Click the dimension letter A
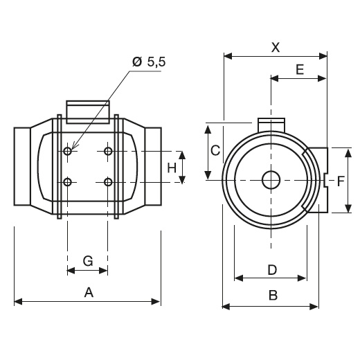click(x=89, y=292)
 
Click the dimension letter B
click(x=273, y=295)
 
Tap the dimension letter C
click(x=215, y=150)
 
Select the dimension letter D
click(x=272, y=270)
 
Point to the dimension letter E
click(x=300, y=69)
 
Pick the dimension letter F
click(x=341, y=181)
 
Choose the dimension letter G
click(x=88, y=261)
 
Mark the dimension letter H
click(x=172, y=168)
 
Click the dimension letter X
click(x=276, y=48)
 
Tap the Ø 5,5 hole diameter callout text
click(x=149, y=62)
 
